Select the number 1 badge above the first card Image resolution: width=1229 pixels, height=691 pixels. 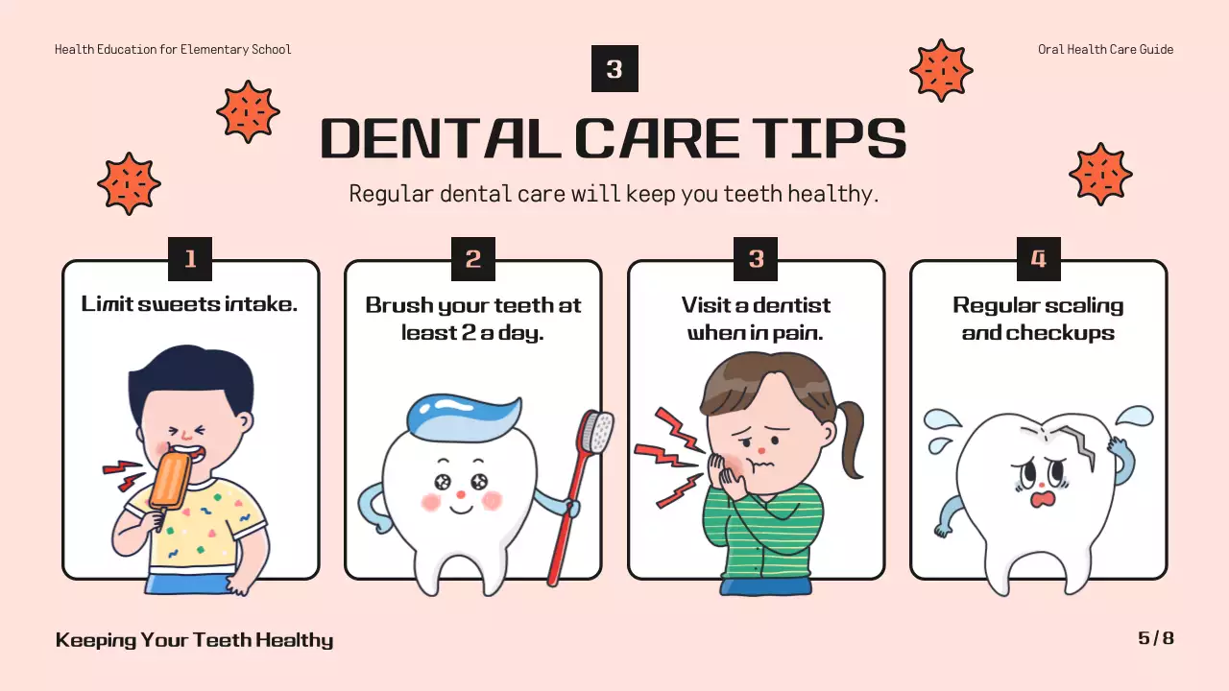point(190,259)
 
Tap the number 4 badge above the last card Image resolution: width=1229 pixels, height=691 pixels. point(1038,259)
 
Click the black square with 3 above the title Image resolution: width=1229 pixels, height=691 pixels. point(614,69)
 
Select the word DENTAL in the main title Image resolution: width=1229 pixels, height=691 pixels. point(440,139)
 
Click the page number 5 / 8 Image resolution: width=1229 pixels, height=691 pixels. point(1156,638)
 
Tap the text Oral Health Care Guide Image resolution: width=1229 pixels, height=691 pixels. point(1105,49)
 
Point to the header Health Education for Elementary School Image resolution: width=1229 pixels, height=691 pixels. point(173,49)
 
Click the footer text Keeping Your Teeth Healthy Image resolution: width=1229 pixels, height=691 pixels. point(194,640)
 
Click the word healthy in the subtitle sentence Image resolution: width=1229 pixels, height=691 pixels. point(831,194)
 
